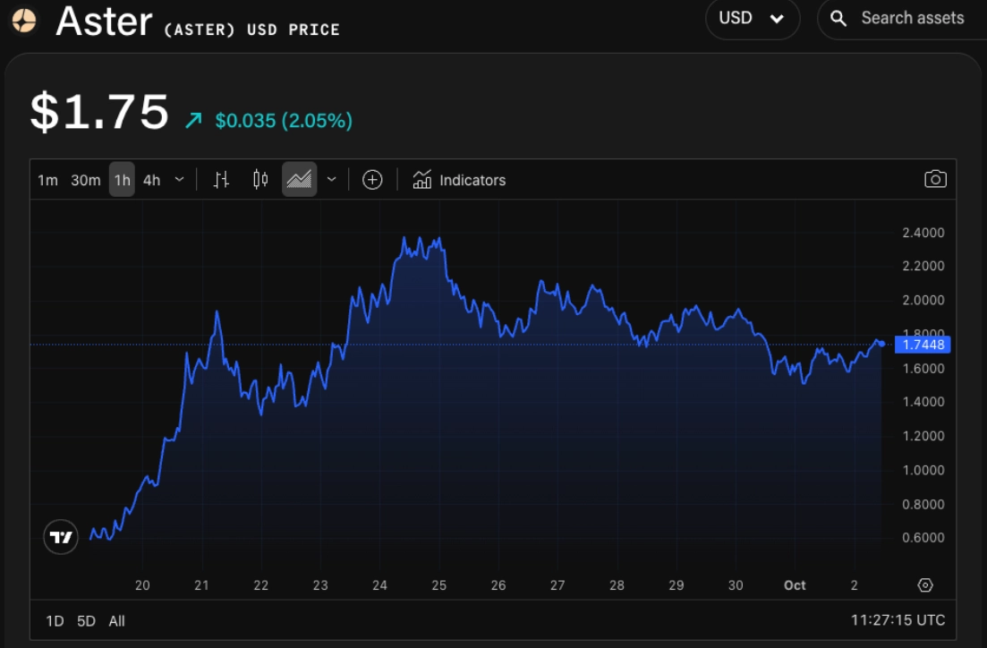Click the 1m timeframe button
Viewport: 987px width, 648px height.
tap(47, 180)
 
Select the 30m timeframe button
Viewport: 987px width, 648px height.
tap(85, 180)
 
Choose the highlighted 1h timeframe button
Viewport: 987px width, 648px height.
tap(122, 180)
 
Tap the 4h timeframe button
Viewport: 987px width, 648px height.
tap(152, 180)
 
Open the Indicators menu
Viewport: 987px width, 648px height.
tap(459, 180)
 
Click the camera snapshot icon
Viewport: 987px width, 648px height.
tap(935, 179)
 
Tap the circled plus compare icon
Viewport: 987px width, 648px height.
tap(372, 180)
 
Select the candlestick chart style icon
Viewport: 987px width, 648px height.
tap(260, 180)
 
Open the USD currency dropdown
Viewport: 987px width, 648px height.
tap(752, 18)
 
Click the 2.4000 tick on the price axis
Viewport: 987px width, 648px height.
tap(923, 233)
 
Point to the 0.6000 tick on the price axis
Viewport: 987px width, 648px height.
tap(923, 538)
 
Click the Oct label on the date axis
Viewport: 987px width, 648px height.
tap(795, 585)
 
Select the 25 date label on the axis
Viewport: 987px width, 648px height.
tap(438, 585)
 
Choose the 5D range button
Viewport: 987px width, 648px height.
tap(86, 620)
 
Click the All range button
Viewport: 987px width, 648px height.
tap(116, 620)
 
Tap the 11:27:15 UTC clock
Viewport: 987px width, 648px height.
tap(898, 619)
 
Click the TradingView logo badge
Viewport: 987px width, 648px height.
tap(61, 537)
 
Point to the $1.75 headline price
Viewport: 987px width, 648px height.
tap(99, 113)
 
